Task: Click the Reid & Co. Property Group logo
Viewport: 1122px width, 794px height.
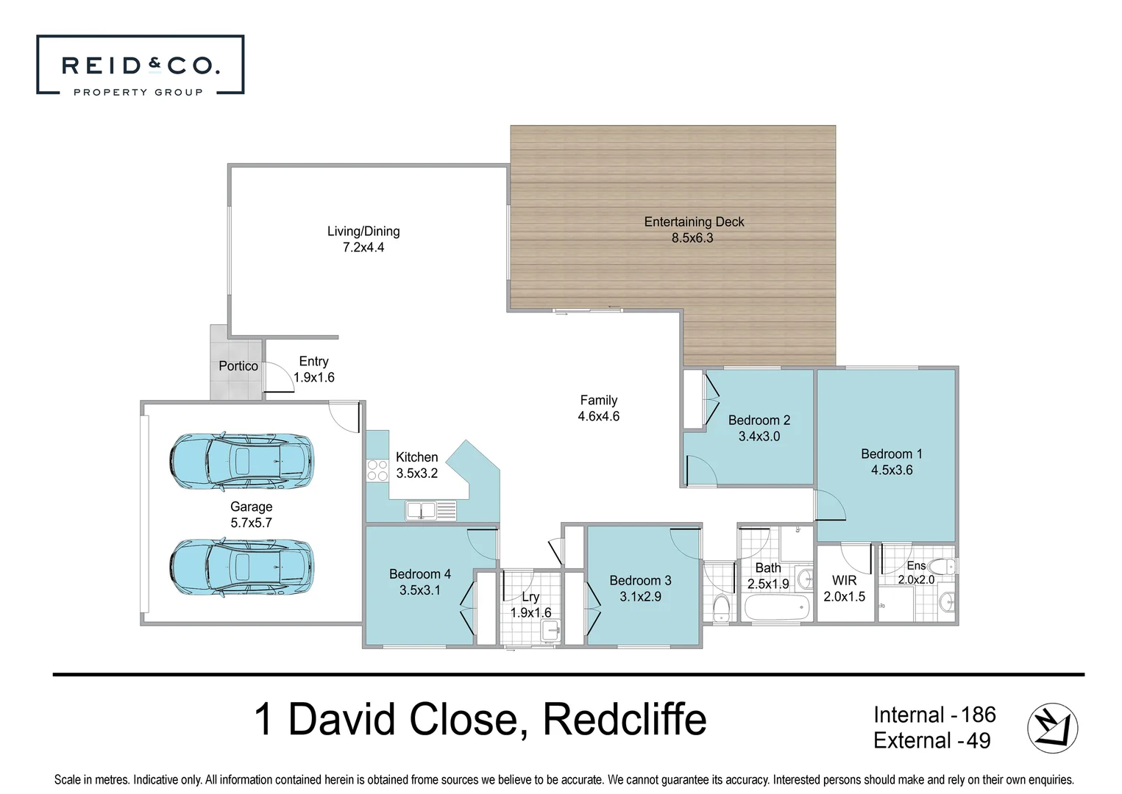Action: coord(140,65)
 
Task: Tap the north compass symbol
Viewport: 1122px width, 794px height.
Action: coord(1052,728)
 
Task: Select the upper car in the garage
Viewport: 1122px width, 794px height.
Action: coord(241,462)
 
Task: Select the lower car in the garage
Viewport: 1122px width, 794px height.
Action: coord(241,568)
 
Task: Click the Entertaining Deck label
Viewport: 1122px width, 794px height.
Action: coord(694,222)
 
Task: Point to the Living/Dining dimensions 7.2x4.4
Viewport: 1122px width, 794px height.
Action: coord(363,248)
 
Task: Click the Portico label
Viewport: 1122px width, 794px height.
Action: coord(238,366)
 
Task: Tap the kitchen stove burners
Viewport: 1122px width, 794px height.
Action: coord(377,471)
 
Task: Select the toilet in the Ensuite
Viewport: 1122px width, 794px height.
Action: coord(942,567)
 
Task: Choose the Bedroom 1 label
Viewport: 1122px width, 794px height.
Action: coord(892,454)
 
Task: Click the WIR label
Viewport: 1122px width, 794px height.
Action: coord(844,581)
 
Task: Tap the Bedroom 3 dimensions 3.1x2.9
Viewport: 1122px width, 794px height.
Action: coord(640,597)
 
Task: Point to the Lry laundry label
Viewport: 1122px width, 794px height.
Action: coord(530,597)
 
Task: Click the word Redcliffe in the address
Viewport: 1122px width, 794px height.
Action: coord(625,720)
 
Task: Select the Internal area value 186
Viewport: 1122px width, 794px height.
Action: coord(978,715)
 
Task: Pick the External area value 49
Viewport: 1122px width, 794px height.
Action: coord(978,741)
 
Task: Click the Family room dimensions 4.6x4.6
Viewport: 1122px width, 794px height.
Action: coord(598,417)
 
